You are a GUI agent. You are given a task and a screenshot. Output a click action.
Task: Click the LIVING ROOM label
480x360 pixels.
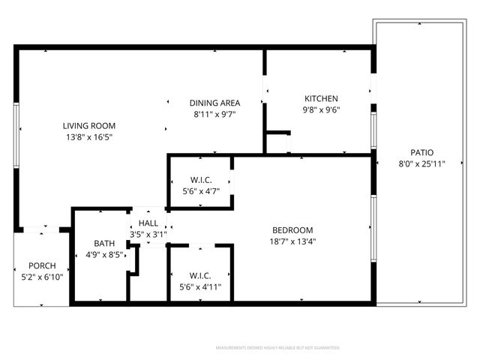coord(88,125)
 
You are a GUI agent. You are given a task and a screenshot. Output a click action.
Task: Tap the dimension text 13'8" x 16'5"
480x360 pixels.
coord(88,137)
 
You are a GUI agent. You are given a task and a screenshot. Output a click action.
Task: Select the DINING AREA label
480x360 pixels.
coord(214,103)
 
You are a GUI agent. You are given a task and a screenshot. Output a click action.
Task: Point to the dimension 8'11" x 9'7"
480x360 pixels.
coord(214,115)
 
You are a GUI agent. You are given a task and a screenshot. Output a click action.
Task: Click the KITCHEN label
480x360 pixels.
coord(321,98)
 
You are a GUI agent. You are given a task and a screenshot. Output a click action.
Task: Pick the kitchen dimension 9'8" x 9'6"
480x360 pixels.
coord(321,109)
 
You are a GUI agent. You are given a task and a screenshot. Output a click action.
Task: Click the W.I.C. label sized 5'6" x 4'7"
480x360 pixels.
coord(199,180)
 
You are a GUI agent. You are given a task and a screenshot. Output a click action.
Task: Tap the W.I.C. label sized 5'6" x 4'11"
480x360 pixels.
coord(199,274)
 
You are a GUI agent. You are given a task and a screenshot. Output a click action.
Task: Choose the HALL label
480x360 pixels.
coord(148,223)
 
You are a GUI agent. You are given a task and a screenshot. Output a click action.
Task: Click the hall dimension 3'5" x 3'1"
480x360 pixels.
coord(148,234)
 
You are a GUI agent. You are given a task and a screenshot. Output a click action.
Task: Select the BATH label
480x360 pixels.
coord(104,244)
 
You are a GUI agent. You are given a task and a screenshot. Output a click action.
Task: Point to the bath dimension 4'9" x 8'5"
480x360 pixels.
coord(104,255)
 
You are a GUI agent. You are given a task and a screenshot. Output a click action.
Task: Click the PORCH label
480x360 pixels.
coord(41,266)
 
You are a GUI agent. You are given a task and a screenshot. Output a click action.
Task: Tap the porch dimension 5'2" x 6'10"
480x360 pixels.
coord(41,277)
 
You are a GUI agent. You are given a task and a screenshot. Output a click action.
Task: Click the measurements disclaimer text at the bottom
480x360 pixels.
coord(278,348)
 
